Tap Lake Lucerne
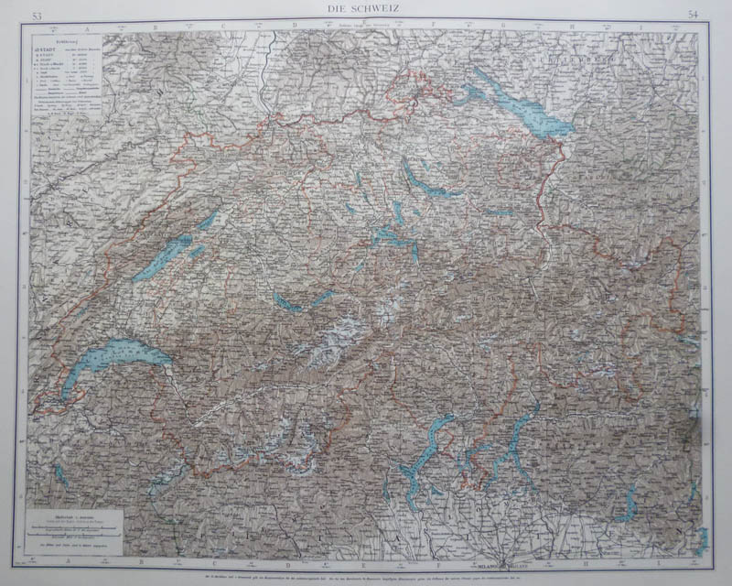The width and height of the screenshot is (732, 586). (x=394, y=237)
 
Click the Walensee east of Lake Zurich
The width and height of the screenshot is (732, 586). (x=500, y=212)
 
